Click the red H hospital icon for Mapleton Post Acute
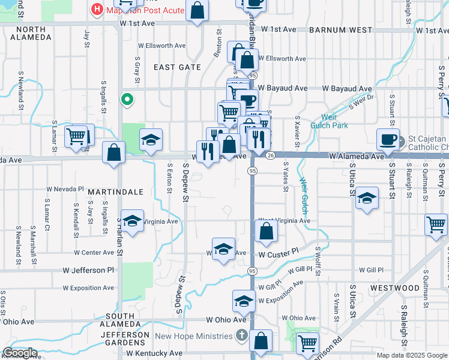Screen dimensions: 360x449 96,10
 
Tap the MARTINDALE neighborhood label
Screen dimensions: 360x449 115,191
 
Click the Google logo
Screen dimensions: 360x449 20,353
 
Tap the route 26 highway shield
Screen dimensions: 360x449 271,156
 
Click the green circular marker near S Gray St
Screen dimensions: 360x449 127,100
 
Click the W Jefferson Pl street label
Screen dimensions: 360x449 88,271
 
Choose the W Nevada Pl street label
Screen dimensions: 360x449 65,188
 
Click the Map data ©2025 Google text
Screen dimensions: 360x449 412,355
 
